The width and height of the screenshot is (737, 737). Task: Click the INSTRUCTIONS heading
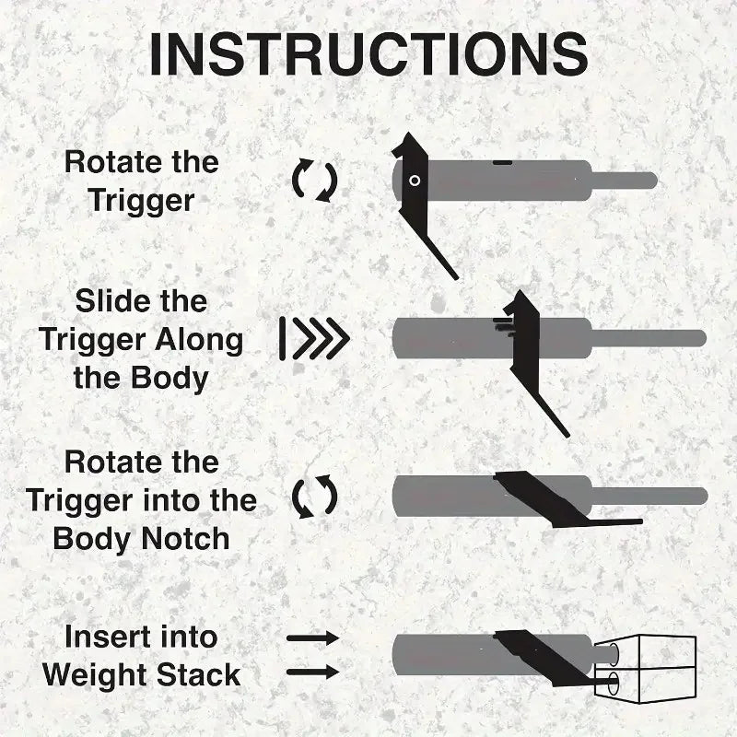368,54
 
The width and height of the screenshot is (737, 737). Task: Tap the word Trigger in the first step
141,201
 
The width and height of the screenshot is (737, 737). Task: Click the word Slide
107,301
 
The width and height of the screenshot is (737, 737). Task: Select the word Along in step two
199,340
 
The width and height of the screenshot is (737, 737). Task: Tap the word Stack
198,675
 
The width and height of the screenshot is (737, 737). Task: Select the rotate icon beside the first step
314,181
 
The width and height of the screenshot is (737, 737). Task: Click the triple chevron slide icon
314,338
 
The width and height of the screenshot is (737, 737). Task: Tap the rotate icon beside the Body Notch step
314,497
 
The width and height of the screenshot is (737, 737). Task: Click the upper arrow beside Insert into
313,638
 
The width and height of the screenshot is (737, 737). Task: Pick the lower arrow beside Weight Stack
313,672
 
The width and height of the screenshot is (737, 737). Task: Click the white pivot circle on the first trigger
415,181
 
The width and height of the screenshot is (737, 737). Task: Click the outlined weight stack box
645,669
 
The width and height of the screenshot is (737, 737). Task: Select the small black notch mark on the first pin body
503,163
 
